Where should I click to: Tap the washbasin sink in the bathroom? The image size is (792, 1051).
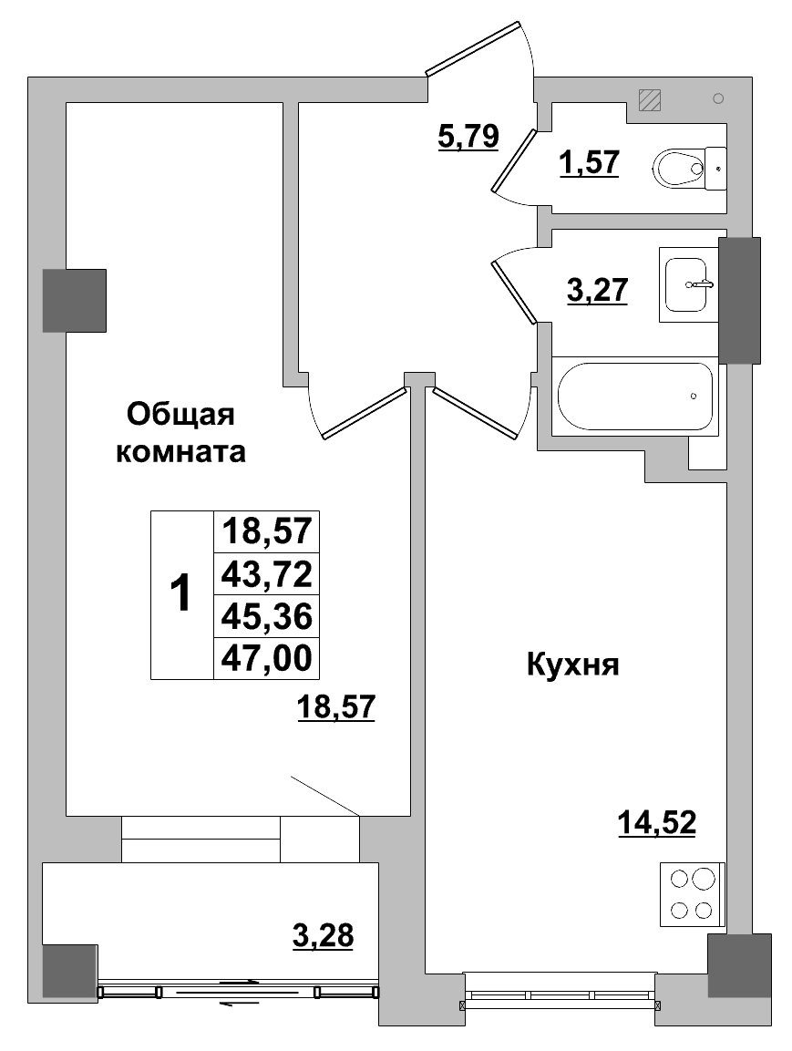[688, 285]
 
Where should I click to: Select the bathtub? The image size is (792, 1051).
[636, 397]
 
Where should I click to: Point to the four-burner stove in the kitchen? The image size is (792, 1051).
[692, 894]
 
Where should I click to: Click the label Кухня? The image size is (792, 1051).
[572, 665]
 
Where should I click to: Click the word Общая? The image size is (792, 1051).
[180, 414]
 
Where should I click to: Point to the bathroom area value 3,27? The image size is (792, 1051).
[597, 292]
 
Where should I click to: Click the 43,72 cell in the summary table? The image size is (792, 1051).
[266, 573]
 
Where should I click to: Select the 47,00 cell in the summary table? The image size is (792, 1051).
[266, 656]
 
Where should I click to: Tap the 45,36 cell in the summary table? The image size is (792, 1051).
[266, 615]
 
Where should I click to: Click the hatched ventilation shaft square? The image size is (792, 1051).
[650, 99]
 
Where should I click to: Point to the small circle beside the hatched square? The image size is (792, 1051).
[718, 98]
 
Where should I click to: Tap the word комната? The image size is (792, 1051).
[180, 451]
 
